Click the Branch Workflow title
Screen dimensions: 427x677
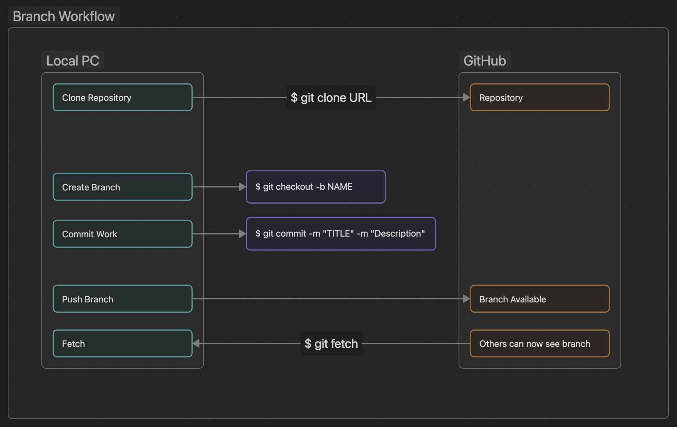64,16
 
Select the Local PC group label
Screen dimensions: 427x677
73,61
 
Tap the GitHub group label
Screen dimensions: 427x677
485,61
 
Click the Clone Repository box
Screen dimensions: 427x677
122,97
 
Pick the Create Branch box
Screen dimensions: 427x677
122,187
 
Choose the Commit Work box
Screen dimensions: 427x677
122,234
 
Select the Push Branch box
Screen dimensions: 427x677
122,299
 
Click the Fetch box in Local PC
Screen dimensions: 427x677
122,344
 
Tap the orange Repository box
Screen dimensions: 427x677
539,97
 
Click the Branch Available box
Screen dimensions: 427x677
539,299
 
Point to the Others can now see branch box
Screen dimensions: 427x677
539,344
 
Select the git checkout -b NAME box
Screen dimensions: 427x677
315,187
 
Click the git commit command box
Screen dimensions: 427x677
341,234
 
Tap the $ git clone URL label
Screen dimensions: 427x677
331,97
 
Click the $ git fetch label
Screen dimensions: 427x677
331,344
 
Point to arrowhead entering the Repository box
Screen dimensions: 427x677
466,97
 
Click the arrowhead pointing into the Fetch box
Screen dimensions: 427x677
196,344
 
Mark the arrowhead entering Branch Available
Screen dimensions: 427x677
466,299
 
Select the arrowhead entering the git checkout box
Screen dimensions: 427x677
242,187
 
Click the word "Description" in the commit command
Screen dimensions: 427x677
398,234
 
